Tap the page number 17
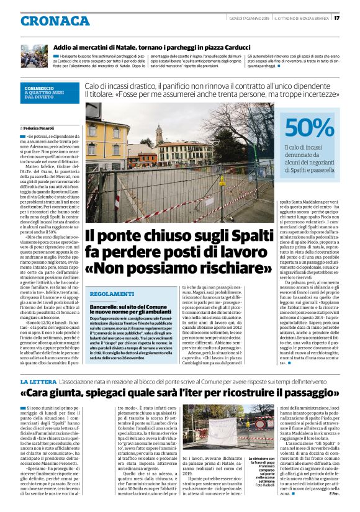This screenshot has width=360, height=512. click(x=353, y=17)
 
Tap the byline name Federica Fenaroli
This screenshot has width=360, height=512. click(x=40, y=127)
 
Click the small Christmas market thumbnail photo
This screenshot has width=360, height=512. click(x=34, y=55)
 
